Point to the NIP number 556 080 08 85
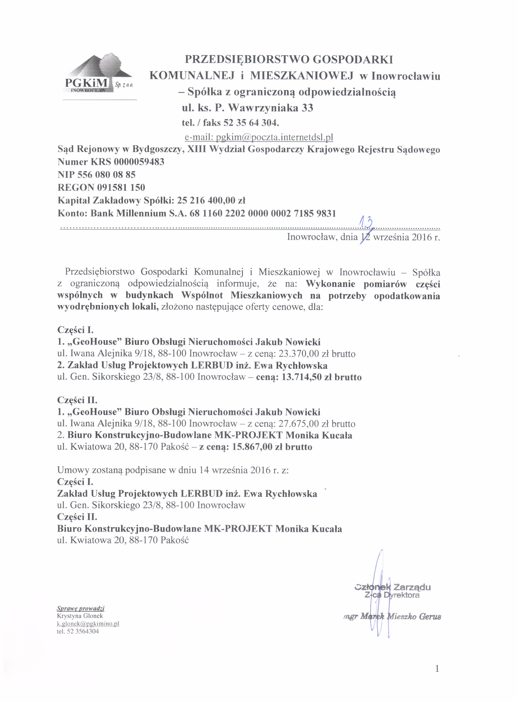click(x=107, y=175)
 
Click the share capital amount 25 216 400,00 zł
click(x=211, y=200)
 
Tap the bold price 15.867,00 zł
click(x=258, y=447)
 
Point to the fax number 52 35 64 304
click(x=251, y=123)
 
